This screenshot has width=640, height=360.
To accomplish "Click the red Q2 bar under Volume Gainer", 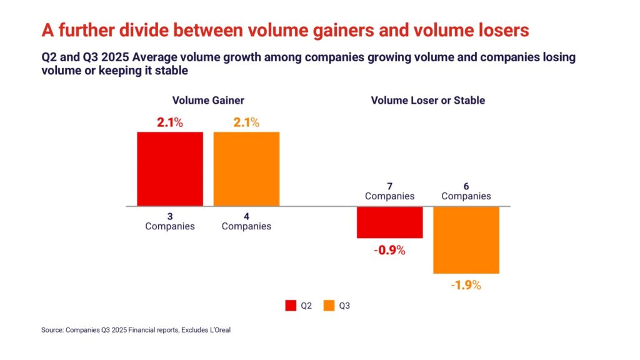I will tap(170, 169).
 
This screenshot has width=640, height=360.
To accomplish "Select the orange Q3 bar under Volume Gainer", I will tap(246, 169).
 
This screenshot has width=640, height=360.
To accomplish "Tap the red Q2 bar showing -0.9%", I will tap(389, 222).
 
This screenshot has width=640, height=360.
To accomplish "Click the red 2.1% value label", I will tap(169, 122).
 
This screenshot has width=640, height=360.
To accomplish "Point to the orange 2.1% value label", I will tap(246, 122).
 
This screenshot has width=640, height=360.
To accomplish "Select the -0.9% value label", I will tap(390, 251).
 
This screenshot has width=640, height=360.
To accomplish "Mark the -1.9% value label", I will tap(466, 286).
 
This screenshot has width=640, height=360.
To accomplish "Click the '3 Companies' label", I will tap(170, 221).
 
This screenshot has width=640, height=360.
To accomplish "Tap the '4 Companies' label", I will tap(246, 221).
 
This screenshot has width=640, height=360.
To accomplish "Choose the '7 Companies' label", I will tap(389, 191).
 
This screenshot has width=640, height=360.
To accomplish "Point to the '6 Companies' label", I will tap(466, 191).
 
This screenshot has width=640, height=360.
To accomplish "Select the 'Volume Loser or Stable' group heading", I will tap(427, 100).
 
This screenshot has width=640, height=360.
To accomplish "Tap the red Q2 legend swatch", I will tap(291, 306).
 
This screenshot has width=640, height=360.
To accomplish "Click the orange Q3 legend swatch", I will tap(329, 306).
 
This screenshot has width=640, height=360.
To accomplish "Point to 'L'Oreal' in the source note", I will tap(217, 330).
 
